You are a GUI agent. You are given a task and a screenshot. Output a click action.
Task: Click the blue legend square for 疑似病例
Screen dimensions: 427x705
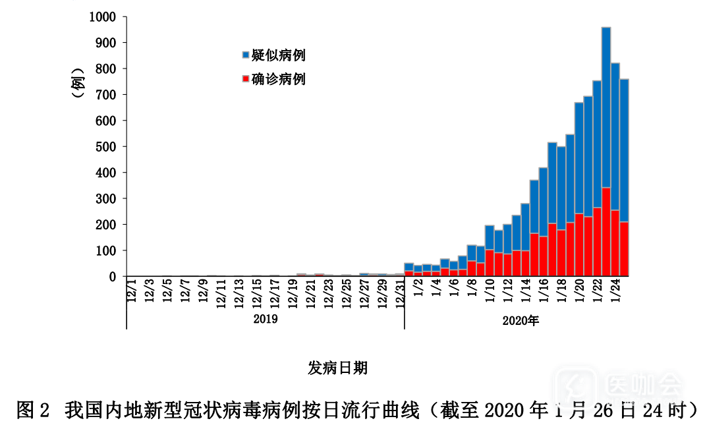(x=246, y=55)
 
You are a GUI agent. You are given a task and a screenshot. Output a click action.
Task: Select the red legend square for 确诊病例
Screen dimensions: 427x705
(x=246, y=80)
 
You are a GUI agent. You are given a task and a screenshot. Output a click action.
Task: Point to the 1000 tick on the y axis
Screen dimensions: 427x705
(x=103, y=16)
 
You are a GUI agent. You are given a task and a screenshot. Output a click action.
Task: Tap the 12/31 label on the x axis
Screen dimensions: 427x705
(x=399, y=293)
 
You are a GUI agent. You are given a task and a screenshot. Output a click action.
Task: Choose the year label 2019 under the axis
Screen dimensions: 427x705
(x=266, y=320)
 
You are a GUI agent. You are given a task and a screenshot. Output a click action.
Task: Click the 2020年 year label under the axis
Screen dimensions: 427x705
(x=521, y=321)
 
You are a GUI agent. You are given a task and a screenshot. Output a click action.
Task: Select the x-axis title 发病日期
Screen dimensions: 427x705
(x=337, y=368)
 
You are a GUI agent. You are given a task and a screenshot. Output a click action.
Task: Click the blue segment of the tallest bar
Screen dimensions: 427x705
(x=606, y=105)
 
